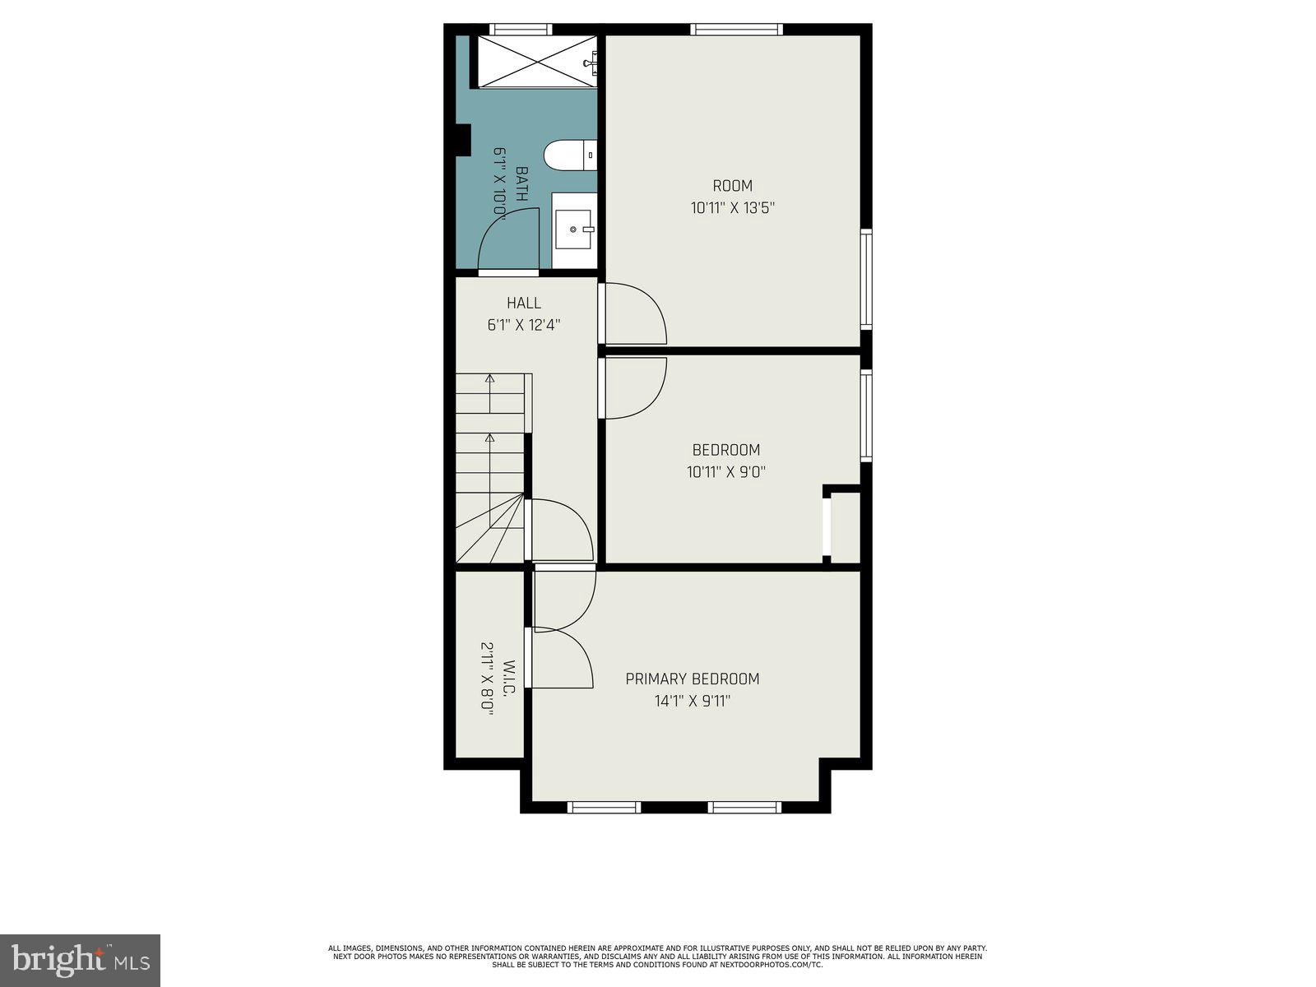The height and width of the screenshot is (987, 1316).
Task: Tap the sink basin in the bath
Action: (573, 229)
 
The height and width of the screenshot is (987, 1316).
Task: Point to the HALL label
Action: (524, 304)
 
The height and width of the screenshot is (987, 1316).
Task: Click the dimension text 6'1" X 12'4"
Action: (524, 325)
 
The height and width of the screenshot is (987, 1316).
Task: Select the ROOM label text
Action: (732, 186)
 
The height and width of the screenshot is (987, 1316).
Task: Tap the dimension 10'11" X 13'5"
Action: (732, 208)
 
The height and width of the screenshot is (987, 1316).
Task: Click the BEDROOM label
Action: (725, 450)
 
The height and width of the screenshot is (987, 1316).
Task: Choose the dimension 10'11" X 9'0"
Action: (725, 472)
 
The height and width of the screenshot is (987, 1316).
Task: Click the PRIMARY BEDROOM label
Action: (692, 679)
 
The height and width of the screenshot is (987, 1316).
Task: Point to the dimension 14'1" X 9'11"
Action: (692, 702)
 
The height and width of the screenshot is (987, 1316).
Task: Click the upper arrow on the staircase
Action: (490, 379)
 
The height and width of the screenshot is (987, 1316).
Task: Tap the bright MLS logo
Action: (80, 960)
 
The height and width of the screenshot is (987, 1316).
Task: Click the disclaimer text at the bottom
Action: (657, 956)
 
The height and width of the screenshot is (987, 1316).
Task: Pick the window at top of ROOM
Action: (736, 30)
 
